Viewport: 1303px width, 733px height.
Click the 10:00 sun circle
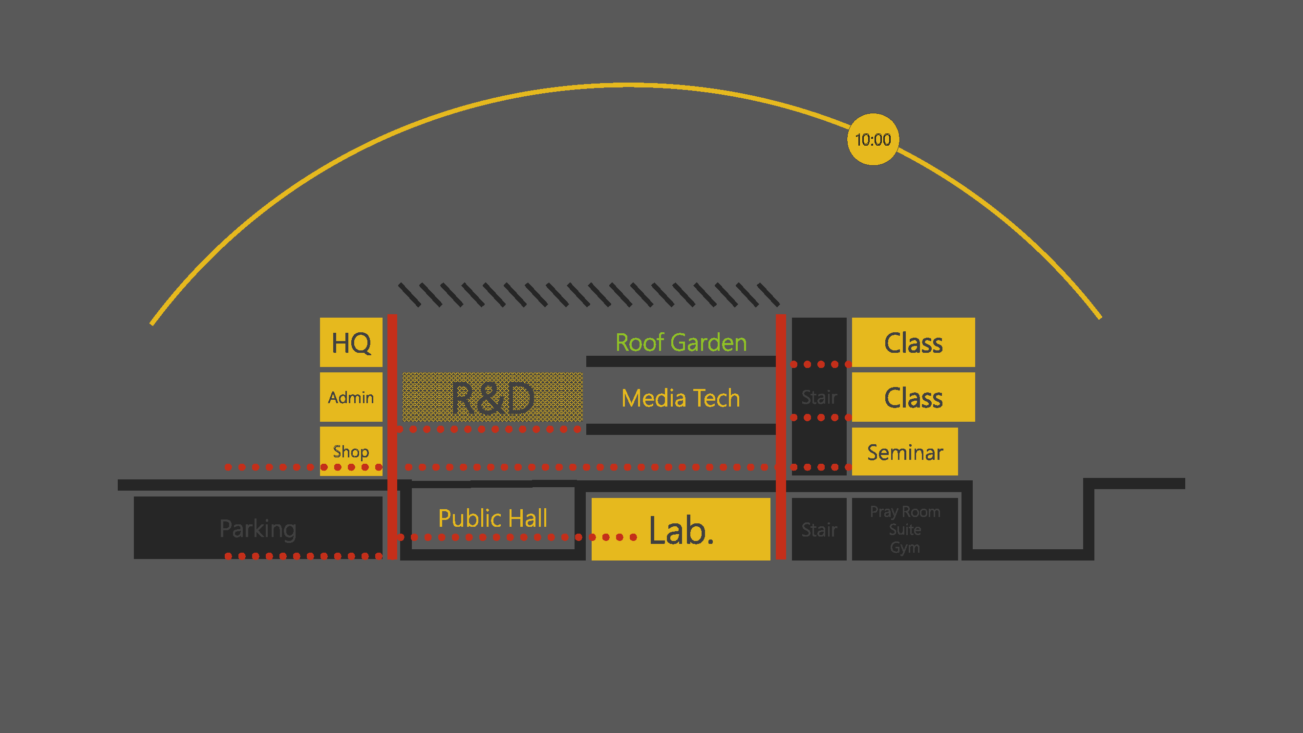click(873, 139)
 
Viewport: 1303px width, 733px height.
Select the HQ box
click(351, 343)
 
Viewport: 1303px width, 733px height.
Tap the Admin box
click(351, 397)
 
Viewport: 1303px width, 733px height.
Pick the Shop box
click(351, 450)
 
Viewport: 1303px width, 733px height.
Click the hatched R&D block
click(492, 397)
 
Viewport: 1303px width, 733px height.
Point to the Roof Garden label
click(681, 343)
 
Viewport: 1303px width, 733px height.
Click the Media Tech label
click(681, 398)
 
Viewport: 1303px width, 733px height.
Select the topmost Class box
click(914, 343)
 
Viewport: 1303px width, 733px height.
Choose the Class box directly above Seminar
click(914, 397)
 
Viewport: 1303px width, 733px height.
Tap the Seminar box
click(905, 452)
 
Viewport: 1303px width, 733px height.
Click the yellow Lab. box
click(681, 529)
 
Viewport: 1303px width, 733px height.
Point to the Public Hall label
click(492, 518)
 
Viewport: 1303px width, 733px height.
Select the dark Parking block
click(258, 528)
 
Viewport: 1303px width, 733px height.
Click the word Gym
click(905, 547)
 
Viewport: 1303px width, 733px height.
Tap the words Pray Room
click(905, 512)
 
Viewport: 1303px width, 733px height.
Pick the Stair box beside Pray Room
click(819, 529)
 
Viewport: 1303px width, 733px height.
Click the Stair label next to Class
click(819, 397)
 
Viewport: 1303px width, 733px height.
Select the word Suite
click(905, 530)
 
